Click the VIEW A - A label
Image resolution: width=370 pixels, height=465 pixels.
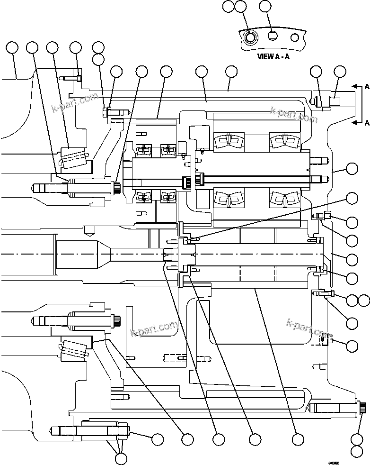[273, 56]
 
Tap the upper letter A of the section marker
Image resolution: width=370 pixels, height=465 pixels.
[367, 87]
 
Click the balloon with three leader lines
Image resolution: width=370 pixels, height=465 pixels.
[121, 458]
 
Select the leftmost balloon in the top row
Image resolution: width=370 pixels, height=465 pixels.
[12, 47]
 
